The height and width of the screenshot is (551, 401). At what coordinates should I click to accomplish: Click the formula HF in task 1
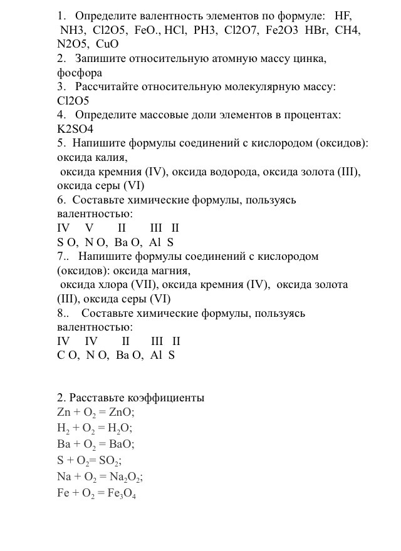pyautogui.click(x=343, y=16)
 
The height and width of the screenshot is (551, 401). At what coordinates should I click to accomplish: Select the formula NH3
pyautogui.click(x=73, y=30)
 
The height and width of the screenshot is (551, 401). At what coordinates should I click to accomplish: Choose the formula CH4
pyautogui.click(x=348, y=30)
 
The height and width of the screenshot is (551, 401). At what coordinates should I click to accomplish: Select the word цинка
pyautogui.click(x=310, y=59)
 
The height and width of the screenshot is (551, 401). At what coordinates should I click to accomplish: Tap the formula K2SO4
pyautogui.click(x=75, y=129)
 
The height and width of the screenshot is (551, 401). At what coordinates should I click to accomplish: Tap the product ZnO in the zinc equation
pyautogui.click(x=121, y=413)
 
